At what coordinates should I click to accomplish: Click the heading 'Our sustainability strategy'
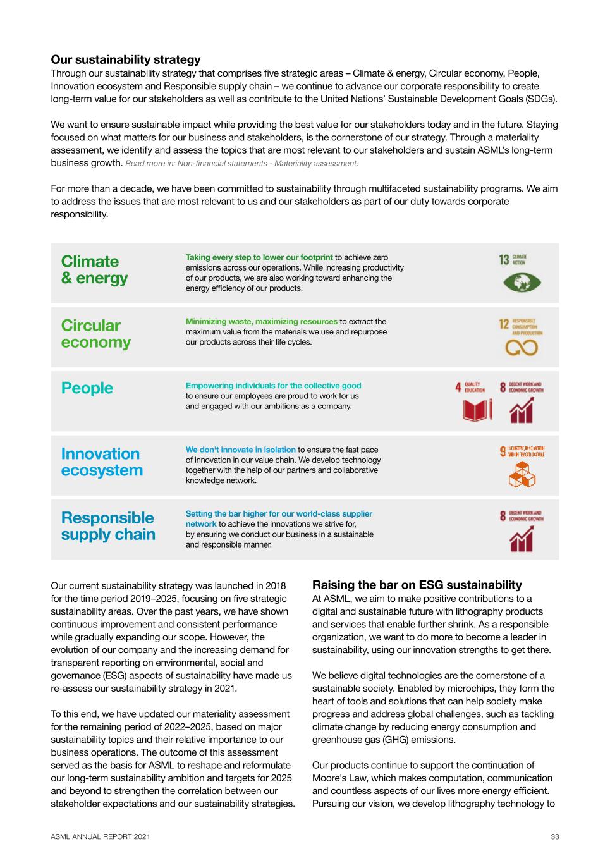125,59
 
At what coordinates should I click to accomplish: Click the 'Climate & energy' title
94,270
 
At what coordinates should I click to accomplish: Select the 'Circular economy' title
95,334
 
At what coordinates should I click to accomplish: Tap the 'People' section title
87,388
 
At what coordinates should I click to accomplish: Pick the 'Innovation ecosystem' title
102,462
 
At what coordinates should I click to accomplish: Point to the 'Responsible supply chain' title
108,526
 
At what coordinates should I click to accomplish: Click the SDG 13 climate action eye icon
522,282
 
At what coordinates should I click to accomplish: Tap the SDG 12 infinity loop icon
522,347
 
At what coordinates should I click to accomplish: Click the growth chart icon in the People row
522,411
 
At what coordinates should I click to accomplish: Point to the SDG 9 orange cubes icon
522,474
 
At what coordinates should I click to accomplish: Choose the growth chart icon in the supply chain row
522,539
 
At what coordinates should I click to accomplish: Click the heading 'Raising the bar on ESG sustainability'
417,585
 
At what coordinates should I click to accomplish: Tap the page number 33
554,837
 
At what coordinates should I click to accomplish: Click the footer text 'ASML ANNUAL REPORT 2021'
101,837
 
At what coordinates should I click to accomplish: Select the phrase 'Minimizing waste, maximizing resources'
262,322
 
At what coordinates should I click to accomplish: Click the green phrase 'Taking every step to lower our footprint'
259,257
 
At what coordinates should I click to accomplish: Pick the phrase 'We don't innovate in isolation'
241,450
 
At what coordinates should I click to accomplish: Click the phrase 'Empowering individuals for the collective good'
274,386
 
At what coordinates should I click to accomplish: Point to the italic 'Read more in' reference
242,164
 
